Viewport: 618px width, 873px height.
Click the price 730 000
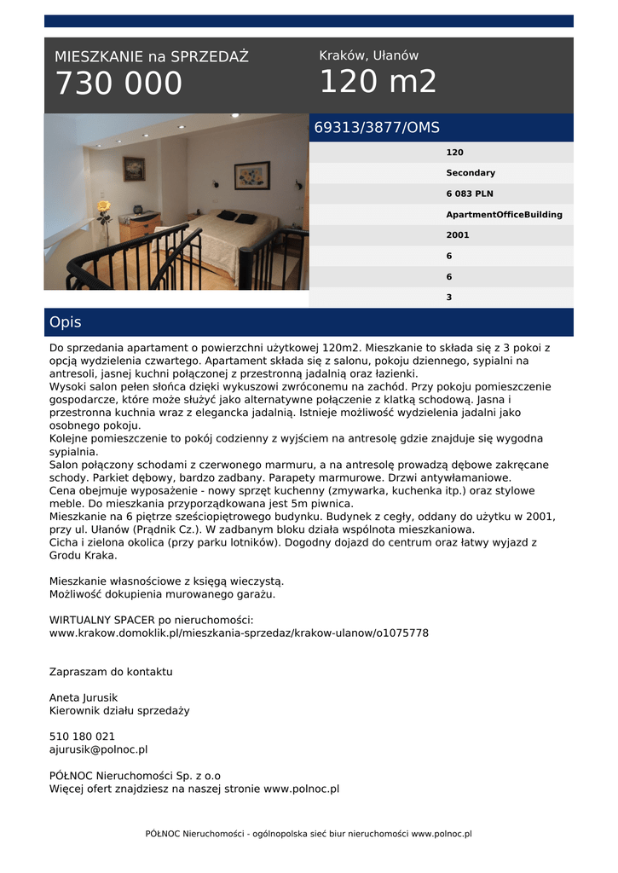118,84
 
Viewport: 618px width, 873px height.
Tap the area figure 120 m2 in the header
378,82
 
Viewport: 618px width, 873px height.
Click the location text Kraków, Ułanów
368,55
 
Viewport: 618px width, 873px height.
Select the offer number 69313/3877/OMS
377,128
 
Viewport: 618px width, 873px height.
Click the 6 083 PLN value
470,194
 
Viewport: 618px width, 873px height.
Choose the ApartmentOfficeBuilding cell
504,215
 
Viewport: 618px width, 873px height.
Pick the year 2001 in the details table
458,235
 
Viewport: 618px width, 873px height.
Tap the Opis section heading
66,322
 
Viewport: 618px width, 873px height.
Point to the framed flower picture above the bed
251,175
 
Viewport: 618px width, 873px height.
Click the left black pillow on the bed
227,216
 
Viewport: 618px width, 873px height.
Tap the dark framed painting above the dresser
134,169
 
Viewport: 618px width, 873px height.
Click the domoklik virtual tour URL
239,633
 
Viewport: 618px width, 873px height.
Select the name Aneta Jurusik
84,697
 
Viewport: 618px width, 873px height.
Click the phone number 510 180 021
82,737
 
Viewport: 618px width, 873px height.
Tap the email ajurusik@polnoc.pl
98,749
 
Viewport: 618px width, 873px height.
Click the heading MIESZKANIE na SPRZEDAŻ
152,57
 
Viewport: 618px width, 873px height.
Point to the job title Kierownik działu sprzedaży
119,710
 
